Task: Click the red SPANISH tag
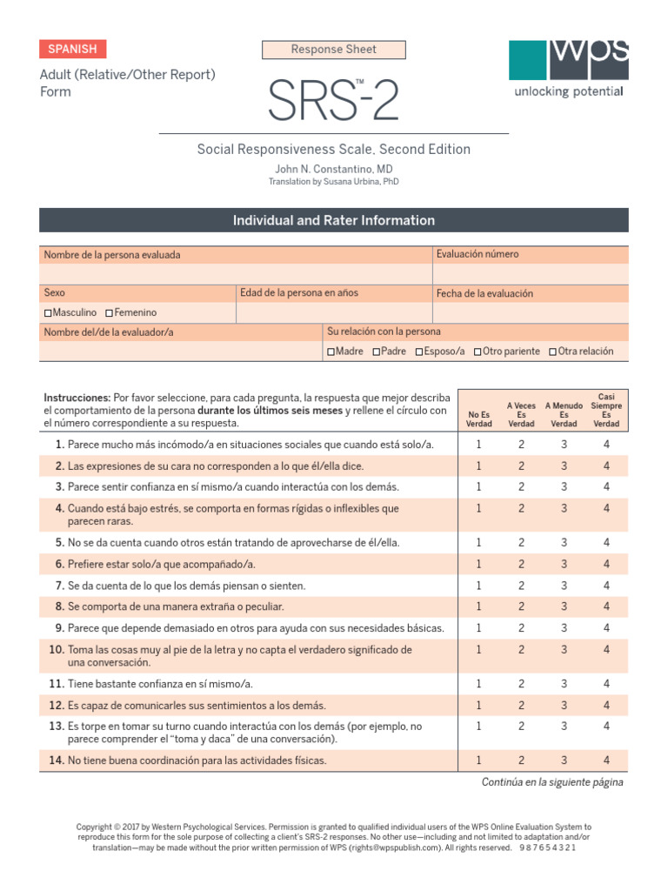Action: [x=73, y=50]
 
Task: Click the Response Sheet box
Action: [x=334, y=50]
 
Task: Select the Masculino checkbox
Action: [x=48, y=312]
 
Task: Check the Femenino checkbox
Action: [x=109, y=312]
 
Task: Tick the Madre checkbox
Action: [x=331, y=352]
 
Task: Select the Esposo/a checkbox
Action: [x=419, y=352]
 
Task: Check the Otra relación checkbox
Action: [x=552, y=352]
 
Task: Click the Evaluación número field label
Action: [x=477, y=254]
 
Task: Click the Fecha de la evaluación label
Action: [x=484, y=294]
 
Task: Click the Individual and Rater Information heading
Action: [x=334, y=220]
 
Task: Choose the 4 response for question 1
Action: [x=606, y=445]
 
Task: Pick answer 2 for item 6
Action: [x=521, y=564]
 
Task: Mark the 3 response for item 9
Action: [x=564, y=628]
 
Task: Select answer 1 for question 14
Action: [x=478, y=760]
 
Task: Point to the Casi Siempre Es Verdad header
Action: [x=606, y=411]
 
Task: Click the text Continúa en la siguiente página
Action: [x=552, y=782]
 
